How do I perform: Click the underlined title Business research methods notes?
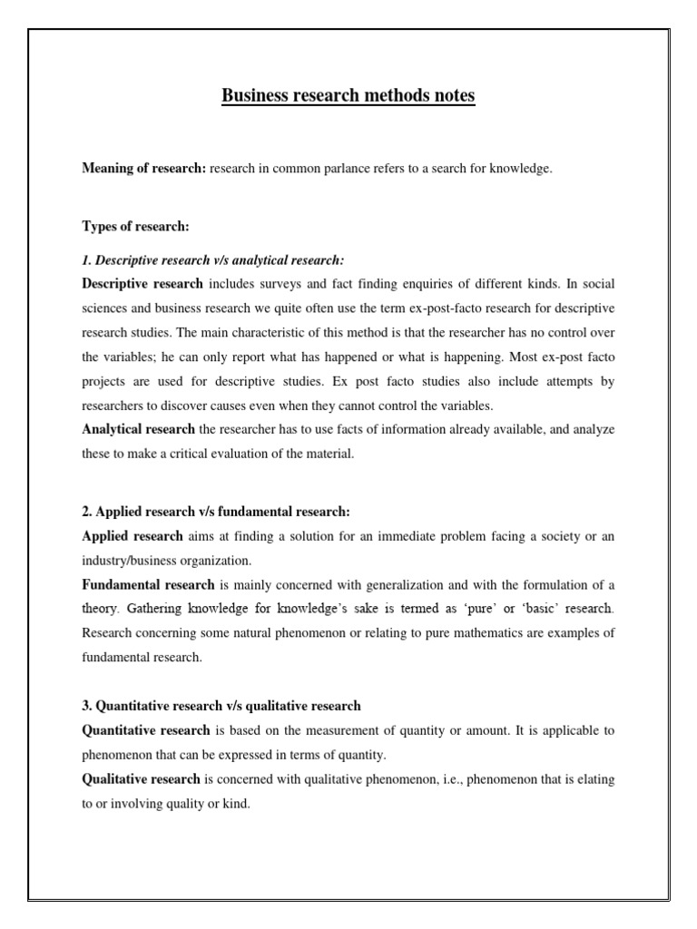tap(348, 95)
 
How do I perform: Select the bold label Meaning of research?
tap(143, 169)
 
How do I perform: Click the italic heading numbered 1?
tap(213, 260)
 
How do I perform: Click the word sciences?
tap(107, 308)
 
